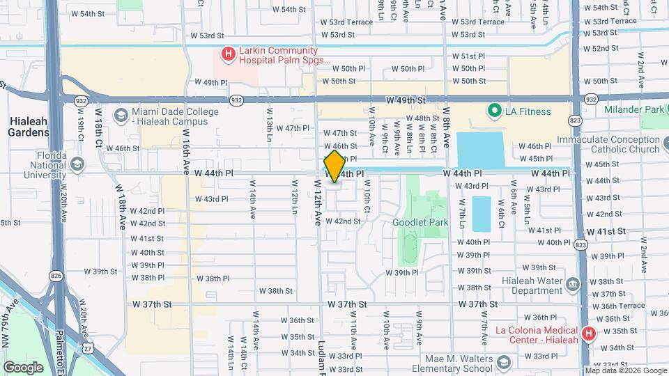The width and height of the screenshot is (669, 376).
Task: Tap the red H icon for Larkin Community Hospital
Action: [x=228, y=54]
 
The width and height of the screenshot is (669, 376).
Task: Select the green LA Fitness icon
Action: [x=495, y=111]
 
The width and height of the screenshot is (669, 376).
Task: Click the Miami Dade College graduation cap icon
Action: [x=121, y=115]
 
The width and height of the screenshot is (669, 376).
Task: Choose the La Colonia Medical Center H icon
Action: [x=590, y=334]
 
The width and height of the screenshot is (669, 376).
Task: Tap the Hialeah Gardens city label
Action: [x=29, y=126]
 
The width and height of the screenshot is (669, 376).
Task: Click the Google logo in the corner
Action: [x=24, y=367]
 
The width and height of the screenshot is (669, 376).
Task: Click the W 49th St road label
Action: [x=405, y=100]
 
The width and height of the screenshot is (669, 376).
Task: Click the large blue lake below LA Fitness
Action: [x=481, y=150]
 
